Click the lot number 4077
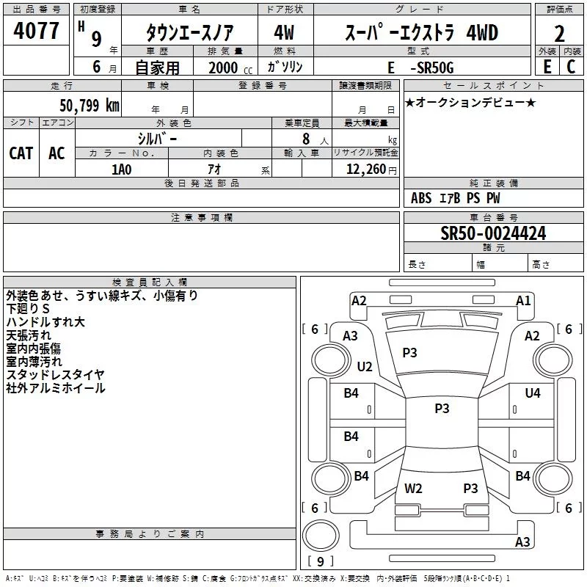[x=36, y=31]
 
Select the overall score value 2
[x=559, y=34]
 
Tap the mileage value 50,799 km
[x=90, y=106]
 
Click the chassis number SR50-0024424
[x=493, y=233]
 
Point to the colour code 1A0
[x=122, y=169]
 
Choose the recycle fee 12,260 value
[x=366, y=169]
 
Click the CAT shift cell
[x=21, y=153]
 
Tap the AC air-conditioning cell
[x=56, y=153]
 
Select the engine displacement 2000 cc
[x=230, y=68]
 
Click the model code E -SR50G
[x=420, y=68]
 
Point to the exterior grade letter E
[x=547, y=67]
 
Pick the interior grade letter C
[x=571, y=67]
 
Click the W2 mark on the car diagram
[x=413, y=488]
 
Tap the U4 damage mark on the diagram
[x=533, y=393]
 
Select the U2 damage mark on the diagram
[x=365, y=366]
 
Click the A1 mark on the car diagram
[x=523, y=301]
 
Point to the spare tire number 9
[x=321, y=561]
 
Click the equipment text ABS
[x=421, y=198]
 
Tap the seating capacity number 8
[x=306, y=139]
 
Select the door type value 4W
[x=284, y=32]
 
